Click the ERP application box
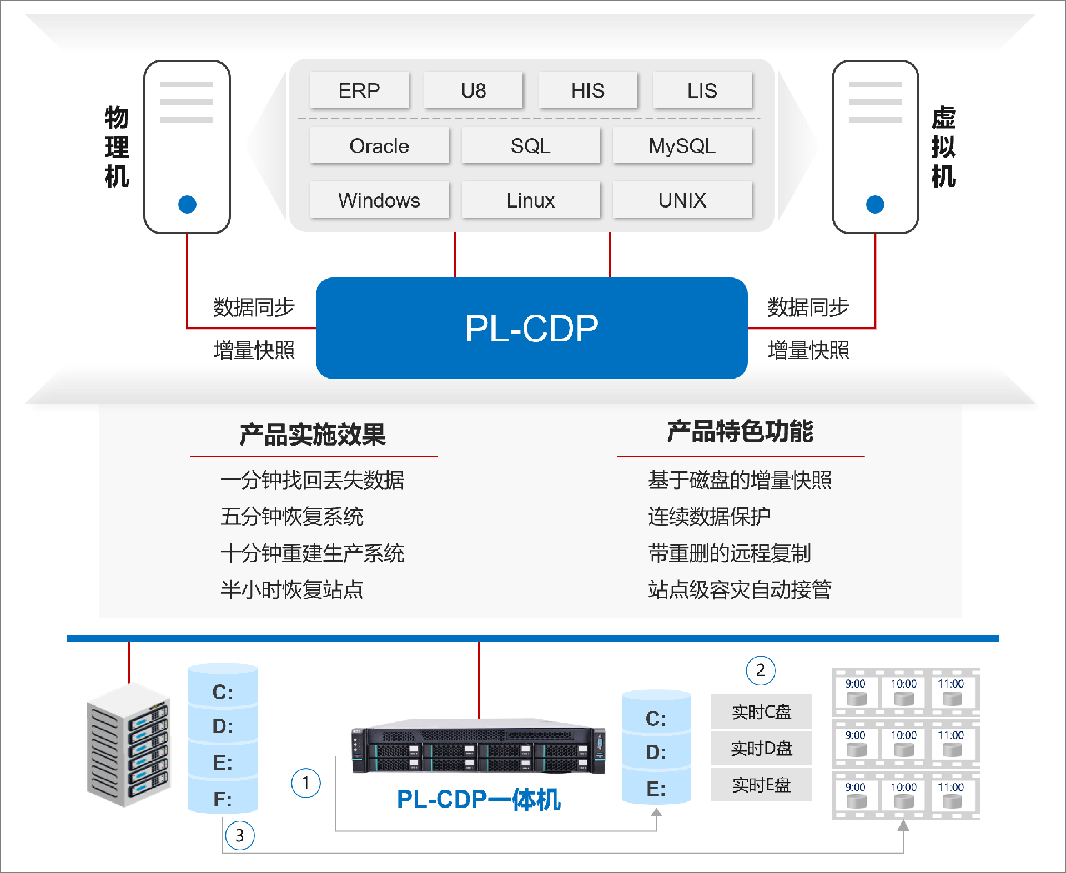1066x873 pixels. coord(359,90)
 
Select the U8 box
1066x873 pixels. coord(473,90)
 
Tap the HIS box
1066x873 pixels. coord(587,90)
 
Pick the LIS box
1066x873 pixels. coord(702,90)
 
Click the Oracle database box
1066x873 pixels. coord(379,146)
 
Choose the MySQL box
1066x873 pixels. coord(682,146)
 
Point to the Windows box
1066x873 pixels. coord(379,200)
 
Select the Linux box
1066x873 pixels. coord(530,200)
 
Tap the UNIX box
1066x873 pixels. coord(682,200)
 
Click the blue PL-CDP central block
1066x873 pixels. coord(531,328)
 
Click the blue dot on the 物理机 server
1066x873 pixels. coord(187,204)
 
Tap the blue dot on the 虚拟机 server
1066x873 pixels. coord(874,204)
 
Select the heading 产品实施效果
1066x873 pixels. coord(313,434)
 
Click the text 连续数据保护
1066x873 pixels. coord(709,517)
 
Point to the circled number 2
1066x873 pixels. coord(760,670)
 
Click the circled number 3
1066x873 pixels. coord(240,835)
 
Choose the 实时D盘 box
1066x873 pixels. coord(761,749)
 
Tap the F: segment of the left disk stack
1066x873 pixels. coord(223,799)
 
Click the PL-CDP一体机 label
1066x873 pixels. coord(479,800)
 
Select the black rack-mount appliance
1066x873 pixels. coord(479,746)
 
